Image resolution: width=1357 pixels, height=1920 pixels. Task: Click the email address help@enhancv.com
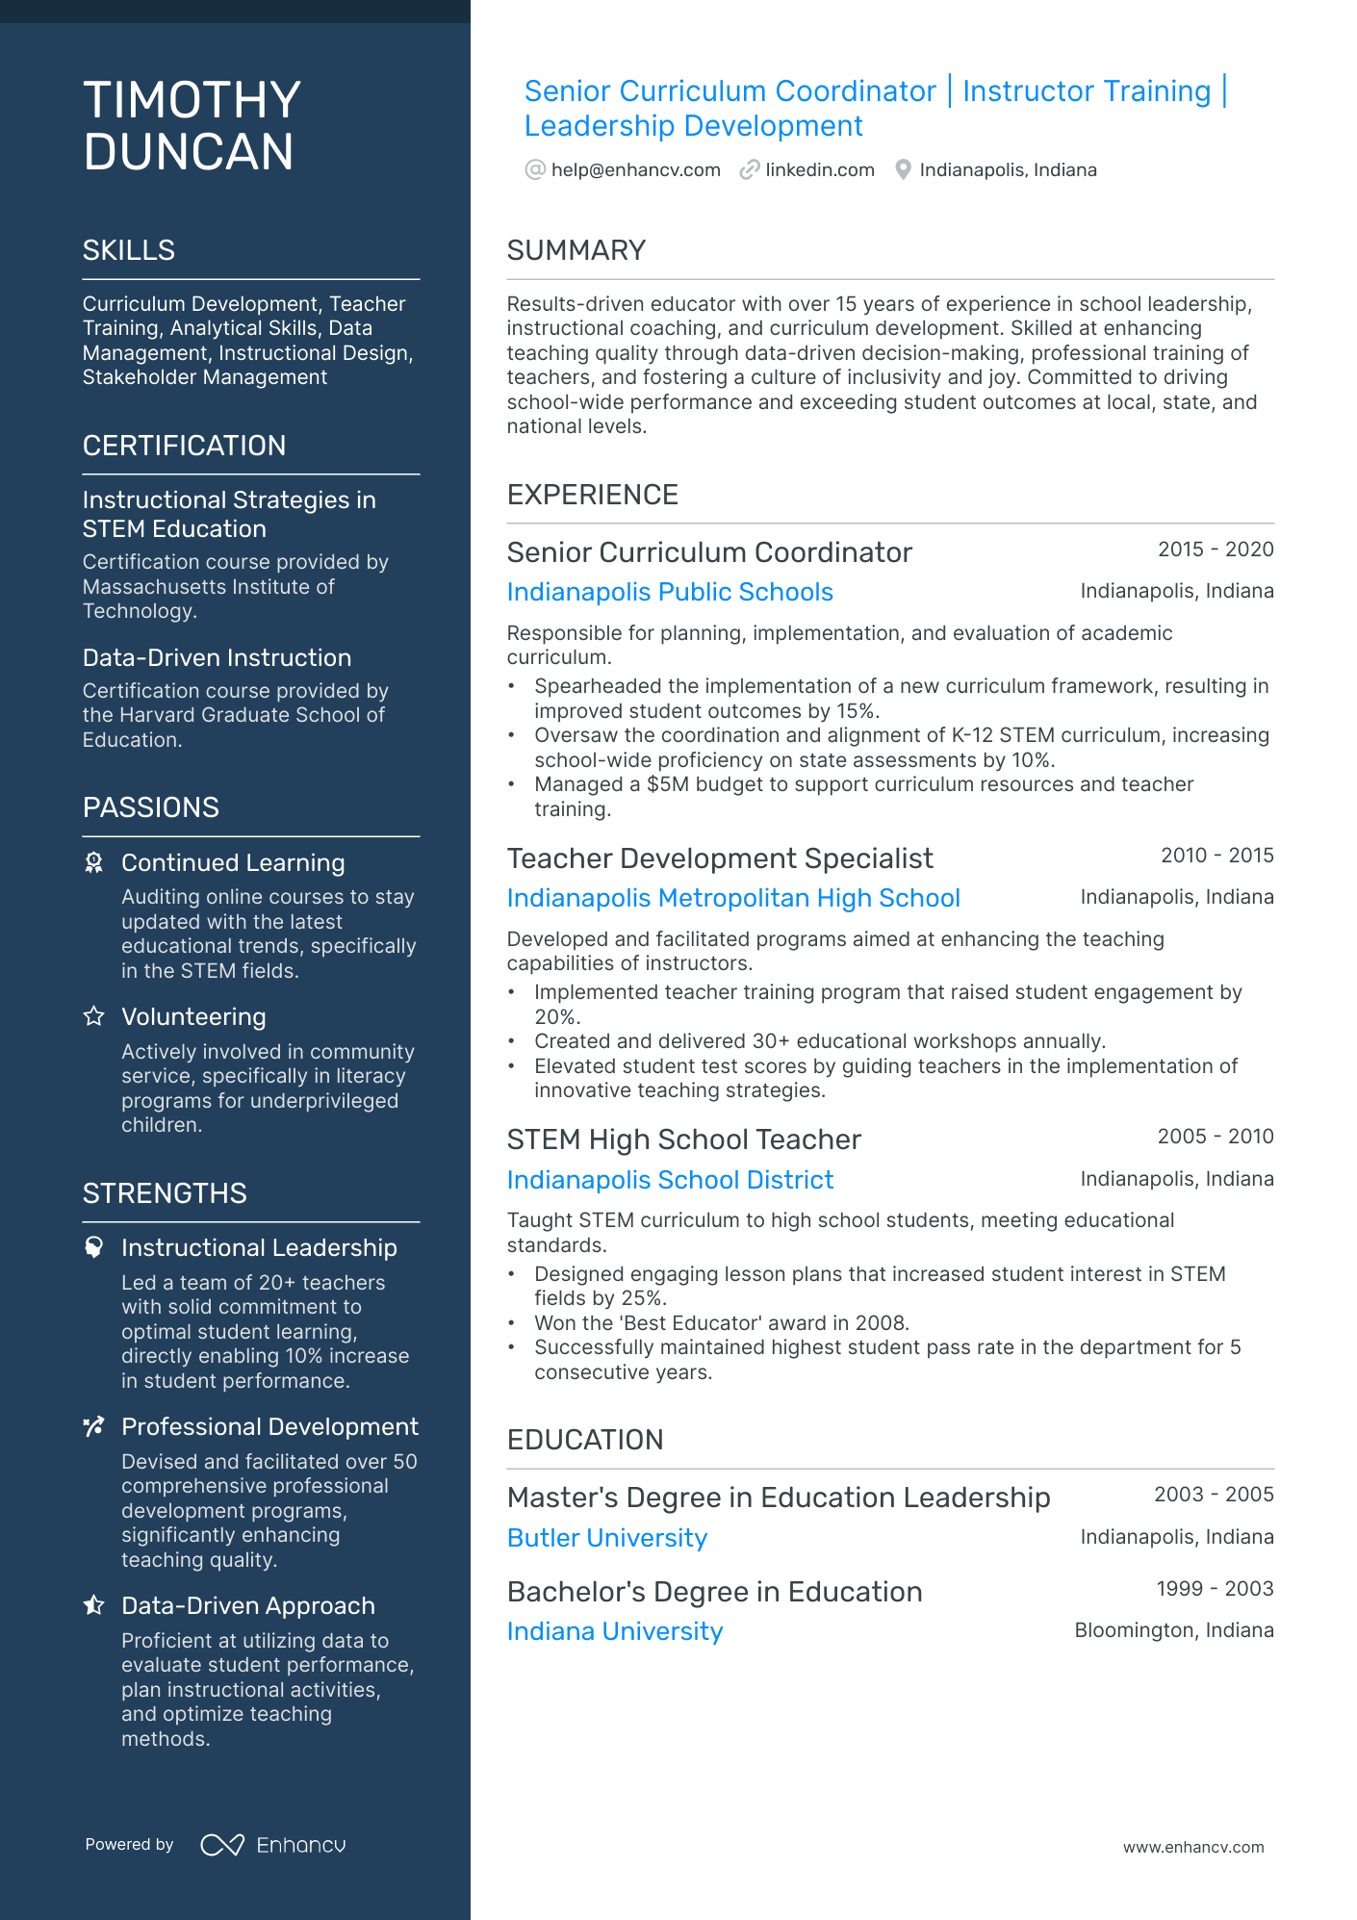click(635, 170)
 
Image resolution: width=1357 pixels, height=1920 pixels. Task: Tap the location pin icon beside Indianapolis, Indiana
click(903, 170)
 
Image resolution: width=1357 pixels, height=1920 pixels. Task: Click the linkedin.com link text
click(819, 170)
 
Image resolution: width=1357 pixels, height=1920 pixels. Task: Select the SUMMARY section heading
click(576, 250)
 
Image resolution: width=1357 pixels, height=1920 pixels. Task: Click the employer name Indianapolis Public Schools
click(670, 592)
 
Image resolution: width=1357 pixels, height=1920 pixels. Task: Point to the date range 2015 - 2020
click(1215, 550)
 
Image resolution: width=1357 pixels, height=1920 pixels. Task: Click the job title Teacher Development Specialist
click(720, 858)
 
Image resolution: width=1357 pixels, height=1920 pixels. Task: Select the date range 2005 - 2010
click(1215, 1137)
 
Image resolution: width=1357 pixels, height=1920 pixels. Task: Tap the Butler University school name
click(607, 1538)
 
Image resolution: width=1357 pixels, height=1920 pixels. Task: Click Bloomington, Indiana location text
click(1173, 1630)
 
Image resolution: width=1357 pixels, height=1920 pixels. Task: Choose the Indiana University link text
click(615, 1631)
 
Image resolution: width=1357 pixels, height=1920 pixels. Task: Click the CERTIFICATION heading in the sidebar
click(184, 446)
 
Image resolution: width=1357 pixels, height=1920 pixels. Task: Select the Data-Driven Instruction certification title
click(217, 658)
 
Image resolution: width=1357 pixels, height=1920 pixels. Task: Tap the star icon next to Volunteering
click(93, 1016)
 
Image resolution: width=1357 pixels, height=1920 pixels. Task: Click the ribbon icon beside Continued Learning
click(93, 862)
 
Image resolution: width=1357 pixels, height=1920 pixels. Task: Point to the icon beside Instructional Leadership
click(93, 1247)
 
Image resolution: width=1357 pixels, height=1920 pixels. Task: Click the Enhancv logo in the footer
click(273, 1845)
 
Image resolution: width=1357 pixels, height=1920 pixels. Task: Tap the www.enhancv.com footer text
click(1192, 1848)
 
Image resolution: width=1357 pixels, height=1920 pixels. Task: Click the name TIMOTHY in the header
click(192, 100)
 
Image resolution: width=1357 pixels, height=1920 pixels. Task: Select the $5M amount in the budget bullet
click(668, 784)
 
